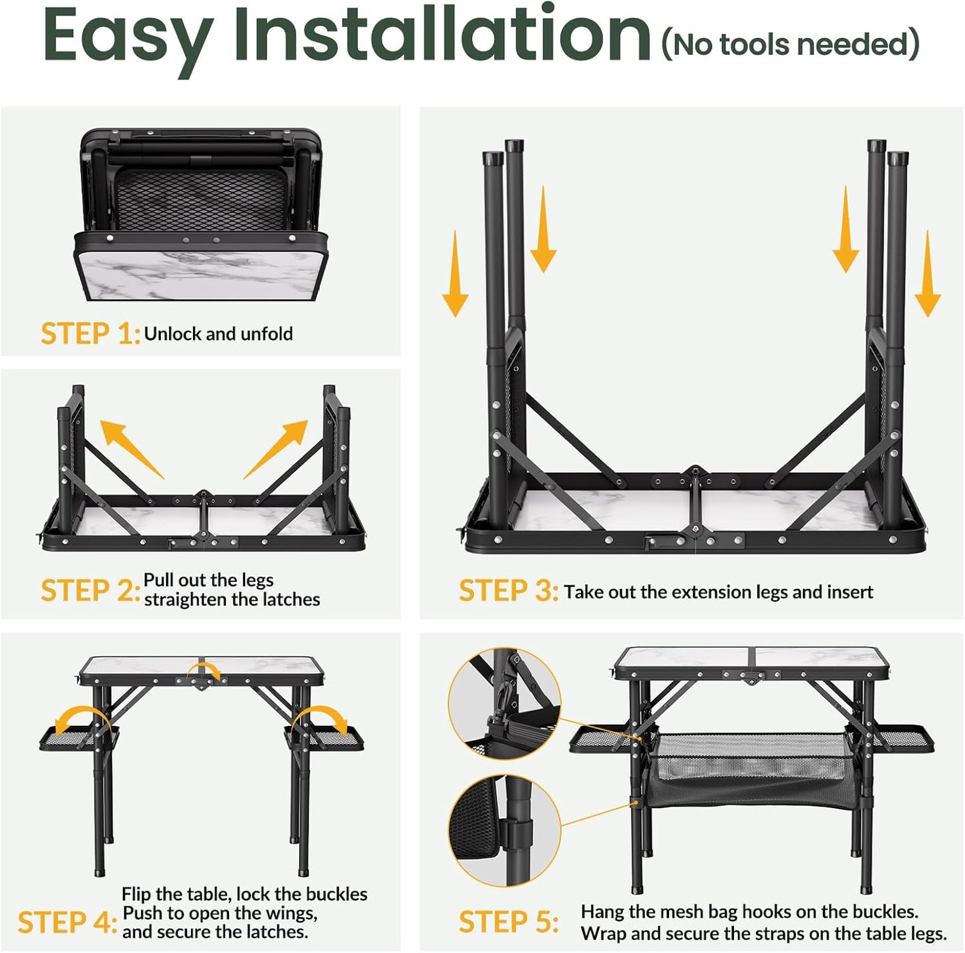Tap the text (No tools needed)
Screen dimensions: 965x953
tap(791, 44)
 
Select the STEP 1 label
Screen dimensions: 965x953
tap(90, 333)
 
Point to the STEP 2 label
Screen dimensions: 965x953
tap(90, 590)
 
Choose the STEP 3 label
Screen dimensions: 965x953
tap(508, 590)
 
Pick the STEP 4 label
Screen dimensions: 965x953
tap(67, 922)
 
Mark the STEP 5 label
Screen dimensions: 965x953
tap(508, 922)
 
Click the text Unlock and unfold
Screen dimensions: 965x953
tap(218, 334)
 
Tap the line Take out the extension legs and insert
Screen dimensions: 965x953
tap(719, 592)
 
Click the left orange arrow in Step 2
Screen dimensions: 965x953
tap(132, 449)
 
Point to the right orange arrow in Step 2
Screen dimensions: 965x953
tap(276, 449)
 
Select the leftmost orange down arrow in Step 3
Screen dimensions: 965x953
tap(455, 273)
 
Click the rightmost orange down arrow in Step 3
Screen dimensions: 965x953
tap(928, 273)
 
